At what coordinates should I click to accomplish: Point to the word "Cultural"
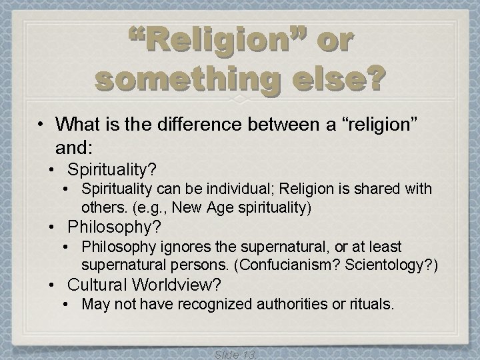coord(100,285)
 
